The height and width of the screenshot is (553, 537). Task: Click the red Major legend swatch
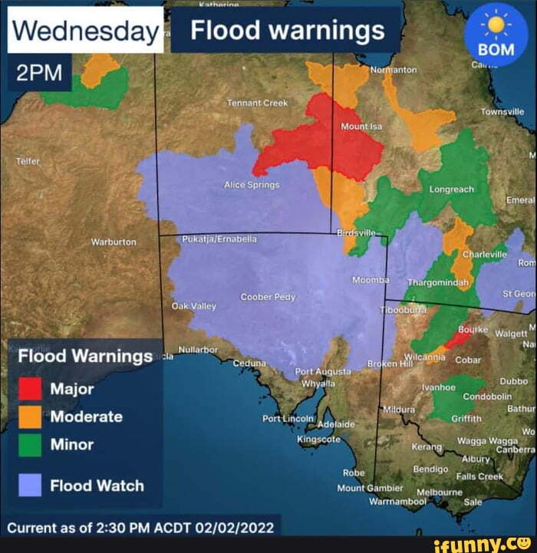pyautogui.click(x=30, y=389)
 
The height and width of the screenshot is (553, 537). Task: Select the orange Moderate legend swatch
pyautogui.click(x=30, y=416)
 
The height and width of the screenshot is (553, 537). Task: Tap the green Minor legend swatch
pyautogui.click(x=30, y=445)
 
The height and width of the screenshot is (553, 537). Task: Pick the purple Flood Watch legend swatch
pyautogui.click(x=30, y=486)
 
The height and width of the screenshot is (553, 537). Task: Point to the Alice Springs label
pyautogui.click(x=252, y=185)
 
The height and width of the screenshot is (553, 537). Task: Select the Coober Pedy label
pyautogui.click(x=268, y=297)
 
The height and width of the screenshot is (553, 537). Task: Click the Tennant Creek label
pyautogui.click(x=257, y=103)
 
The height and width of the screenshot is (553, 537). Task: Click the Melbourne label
pyautogui.click(x=440, y=492)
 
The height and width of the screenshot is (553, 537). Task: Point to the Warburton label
pyautogui.click(x=114, y=242)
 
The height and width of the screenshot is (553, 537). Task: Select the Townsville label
pyautogui.click(x=502, y=111)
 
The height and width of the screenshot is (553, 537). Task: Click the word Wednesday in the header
pyautogui.click(x=85, y=31)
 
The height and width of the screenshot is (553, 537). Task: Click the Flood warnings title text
pyautogui.click(x=287, y=31)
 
